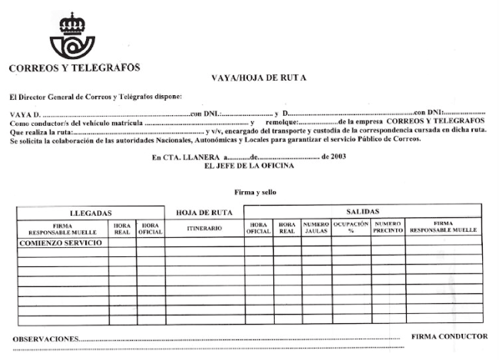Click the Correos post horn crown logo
pos(74,36)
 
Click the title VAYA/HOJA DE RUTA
pos(258,78)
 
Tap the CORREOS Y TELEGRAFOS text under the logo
pos(74,68)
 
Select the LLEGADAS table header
pos(91,212)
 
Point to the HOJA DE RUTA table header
pos(204,212)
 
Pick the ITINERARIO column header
pos(204,228)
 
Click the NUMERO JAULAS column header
pos(316,227)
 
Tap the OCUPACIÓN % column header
pos(351,227)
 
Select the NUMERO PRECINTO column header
pos(388,227)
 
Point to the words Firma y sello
pos(255,192)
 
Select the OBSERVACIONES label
pos(46,338)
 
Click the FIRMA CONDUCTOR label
pos(449,336)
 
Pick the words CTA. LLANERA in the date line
pos(193,157)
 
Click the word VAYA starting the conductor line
pos(20,114)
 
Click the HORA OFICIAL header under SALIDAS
pos(258,227)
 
